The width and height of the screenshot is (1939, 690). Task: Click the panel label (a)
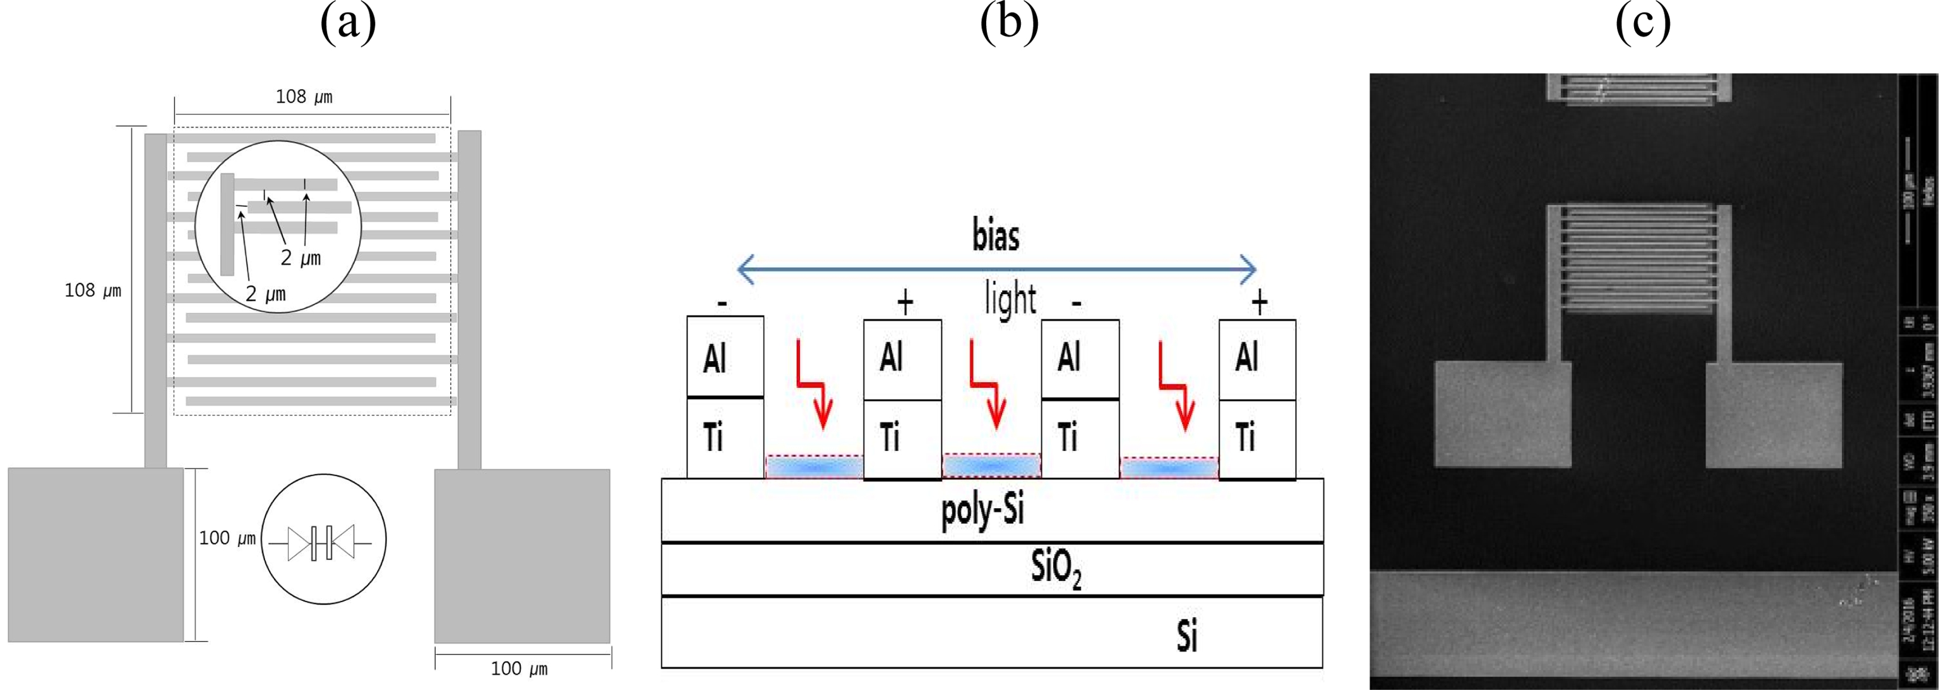pyautogui.click(x=348, y=24)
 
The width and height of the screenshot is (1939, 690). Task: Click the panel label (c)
pyautogui.click(x=1643, y=24)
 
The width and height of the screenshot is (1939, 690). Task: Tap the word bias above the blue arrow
pyautogui.click(x=996, y=236)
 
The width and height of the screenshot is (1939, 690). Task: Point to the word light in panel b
pyautogui.click(x=1010, y=299)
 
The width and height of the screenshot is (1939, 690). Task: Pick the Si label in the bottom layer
pyautogui.click(x=1187, y=636)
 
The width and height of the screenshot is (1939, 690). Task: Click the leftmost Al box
pyautogui.click(x=725, y=357)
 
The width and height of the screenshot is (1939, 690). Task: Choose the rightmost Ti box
pyautogui.click(x=1257, y=438)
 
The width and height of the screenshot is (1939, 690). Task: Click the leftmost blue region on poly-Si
pyautogui.click(x=814, y=467)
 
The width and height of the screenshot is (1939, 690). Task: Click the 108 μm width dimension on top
pyautogui.click(x=304, y=97)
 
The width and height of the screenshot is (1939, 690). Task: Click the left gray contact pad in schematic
pyautogui.click(x=95, y=554)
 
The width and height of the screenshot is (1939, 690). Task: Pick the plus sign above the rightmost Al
pyautogui.click(x=1258, y=302)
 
